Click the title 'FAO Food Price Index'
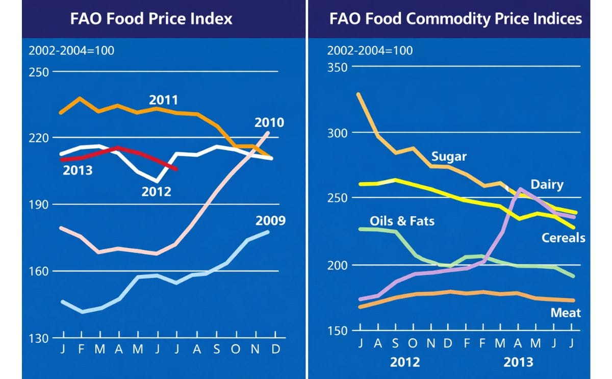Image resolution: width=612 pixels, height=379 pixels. click(151, 19)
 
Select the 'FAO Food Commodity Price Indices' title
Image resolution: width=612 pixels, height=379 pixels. click(455, 19)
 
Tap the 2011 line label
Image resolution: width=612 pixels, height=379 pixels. click(163, 99)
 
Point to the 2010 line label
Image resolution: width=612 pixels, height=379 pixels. click(270, 123)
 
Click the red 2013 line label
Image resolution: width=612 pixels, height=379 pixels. click(78, 170)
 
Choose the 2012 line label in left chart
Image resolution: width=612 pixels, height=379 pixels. click(157, 192)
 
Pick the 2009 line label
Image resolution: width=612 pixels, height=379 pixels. click(270, 221)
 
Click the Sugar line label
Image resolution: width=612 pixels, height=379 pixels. click(449, 156)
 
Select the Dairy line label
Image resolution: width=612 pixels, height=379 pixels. click(547, 184)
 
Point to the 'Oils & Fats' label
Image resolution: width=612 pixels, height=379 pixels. click(402, 221)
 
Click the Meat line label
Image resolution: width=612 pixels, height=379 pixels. click(566, 312)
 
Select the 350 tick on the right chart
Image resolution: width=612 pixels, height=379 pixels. click(337, 67)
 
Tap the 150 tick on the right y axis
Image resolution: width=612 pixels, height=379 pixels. click(337, 331)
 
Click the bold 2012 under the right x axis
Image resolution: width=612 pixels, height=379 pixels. click(405, 362)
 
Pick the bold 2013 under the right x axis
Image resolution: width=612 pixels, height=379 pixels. click(518, 362)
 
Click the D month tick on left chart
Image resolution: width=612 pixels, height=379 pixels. click(275, 350)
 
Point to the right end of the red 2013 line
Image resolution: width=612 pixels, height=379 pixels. click(176, 169)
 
